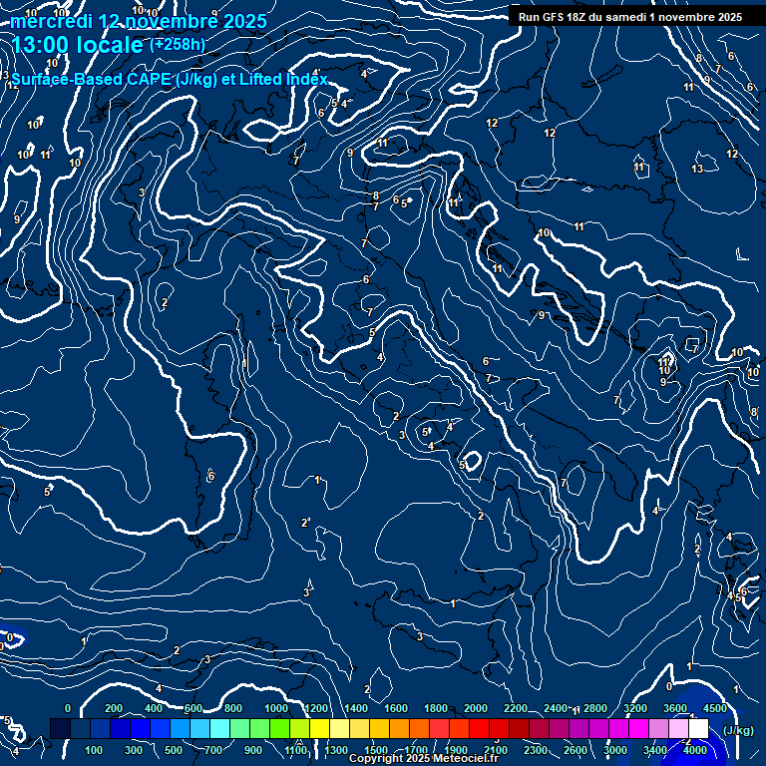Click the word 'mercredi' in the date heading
pos(51,21)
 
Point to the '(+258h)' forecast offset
pos(179,44)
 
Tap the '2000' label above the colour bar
pos(476,708)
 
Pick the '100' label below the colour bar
pos(95,750)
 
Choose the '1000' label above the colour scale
pos(275,708)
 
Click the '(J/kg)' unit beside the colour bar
pos(737,730)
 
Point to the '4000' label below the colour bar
pos(695,750)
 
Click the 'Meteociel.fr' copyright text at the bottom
pos(464,759)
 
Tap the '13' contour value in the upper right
pos(697,169)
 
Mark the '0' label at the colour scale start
pos(67,708)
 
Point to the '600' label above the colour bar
pos(193,708)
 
